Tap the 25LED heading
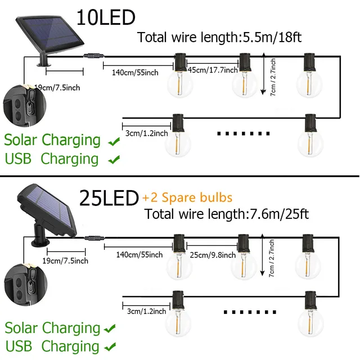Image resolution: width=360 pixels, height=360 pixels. click(109, 198)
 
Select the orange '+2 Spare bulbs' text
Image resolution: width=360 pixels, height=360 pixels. click(187, 198)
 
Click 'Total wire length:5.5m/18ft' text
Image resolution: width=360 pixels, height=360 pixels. click(219, 38)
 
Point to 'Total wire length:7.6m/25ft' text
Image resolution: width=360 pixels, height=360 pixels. click(226, 214)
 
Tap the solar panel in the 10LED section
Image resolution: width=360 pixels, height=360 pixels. click(49, 31)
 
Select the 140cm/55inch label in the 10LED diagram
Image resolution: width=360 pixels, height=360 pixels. click(127, 72)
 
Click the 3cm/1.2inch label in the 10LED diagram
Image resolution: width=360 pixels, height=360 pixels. click(146, 133)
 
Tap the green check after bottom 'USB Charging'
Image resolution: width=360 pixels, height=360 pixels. click(112, 346)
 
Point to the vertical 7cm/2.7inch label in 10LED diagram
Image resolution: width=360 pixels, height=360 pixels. click(273, 76)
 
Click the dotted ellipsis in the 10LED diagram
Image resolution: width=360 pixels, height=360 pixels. click(243, 134)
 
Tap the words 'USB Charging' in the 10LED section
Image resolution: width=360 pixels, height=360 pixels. click(52, 159)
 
